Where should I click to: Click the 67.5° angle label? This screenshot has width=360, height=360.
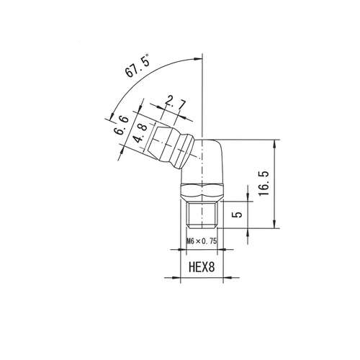point(138,66)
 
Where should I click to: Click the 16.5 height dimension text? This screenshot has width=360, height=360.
point(264,184)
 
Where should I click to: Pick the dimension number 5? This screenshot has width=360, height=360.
point(238,214)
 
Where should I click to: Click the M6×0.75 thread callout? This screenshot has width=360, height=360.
point(202,241)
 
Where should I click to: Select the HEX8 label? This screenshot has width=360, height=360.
point(202,267)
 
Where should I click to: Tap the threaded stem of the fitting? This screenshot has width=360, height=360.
point(202,215)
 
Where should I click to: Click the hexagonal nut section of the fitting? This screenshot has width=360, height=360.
point(202,192)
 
